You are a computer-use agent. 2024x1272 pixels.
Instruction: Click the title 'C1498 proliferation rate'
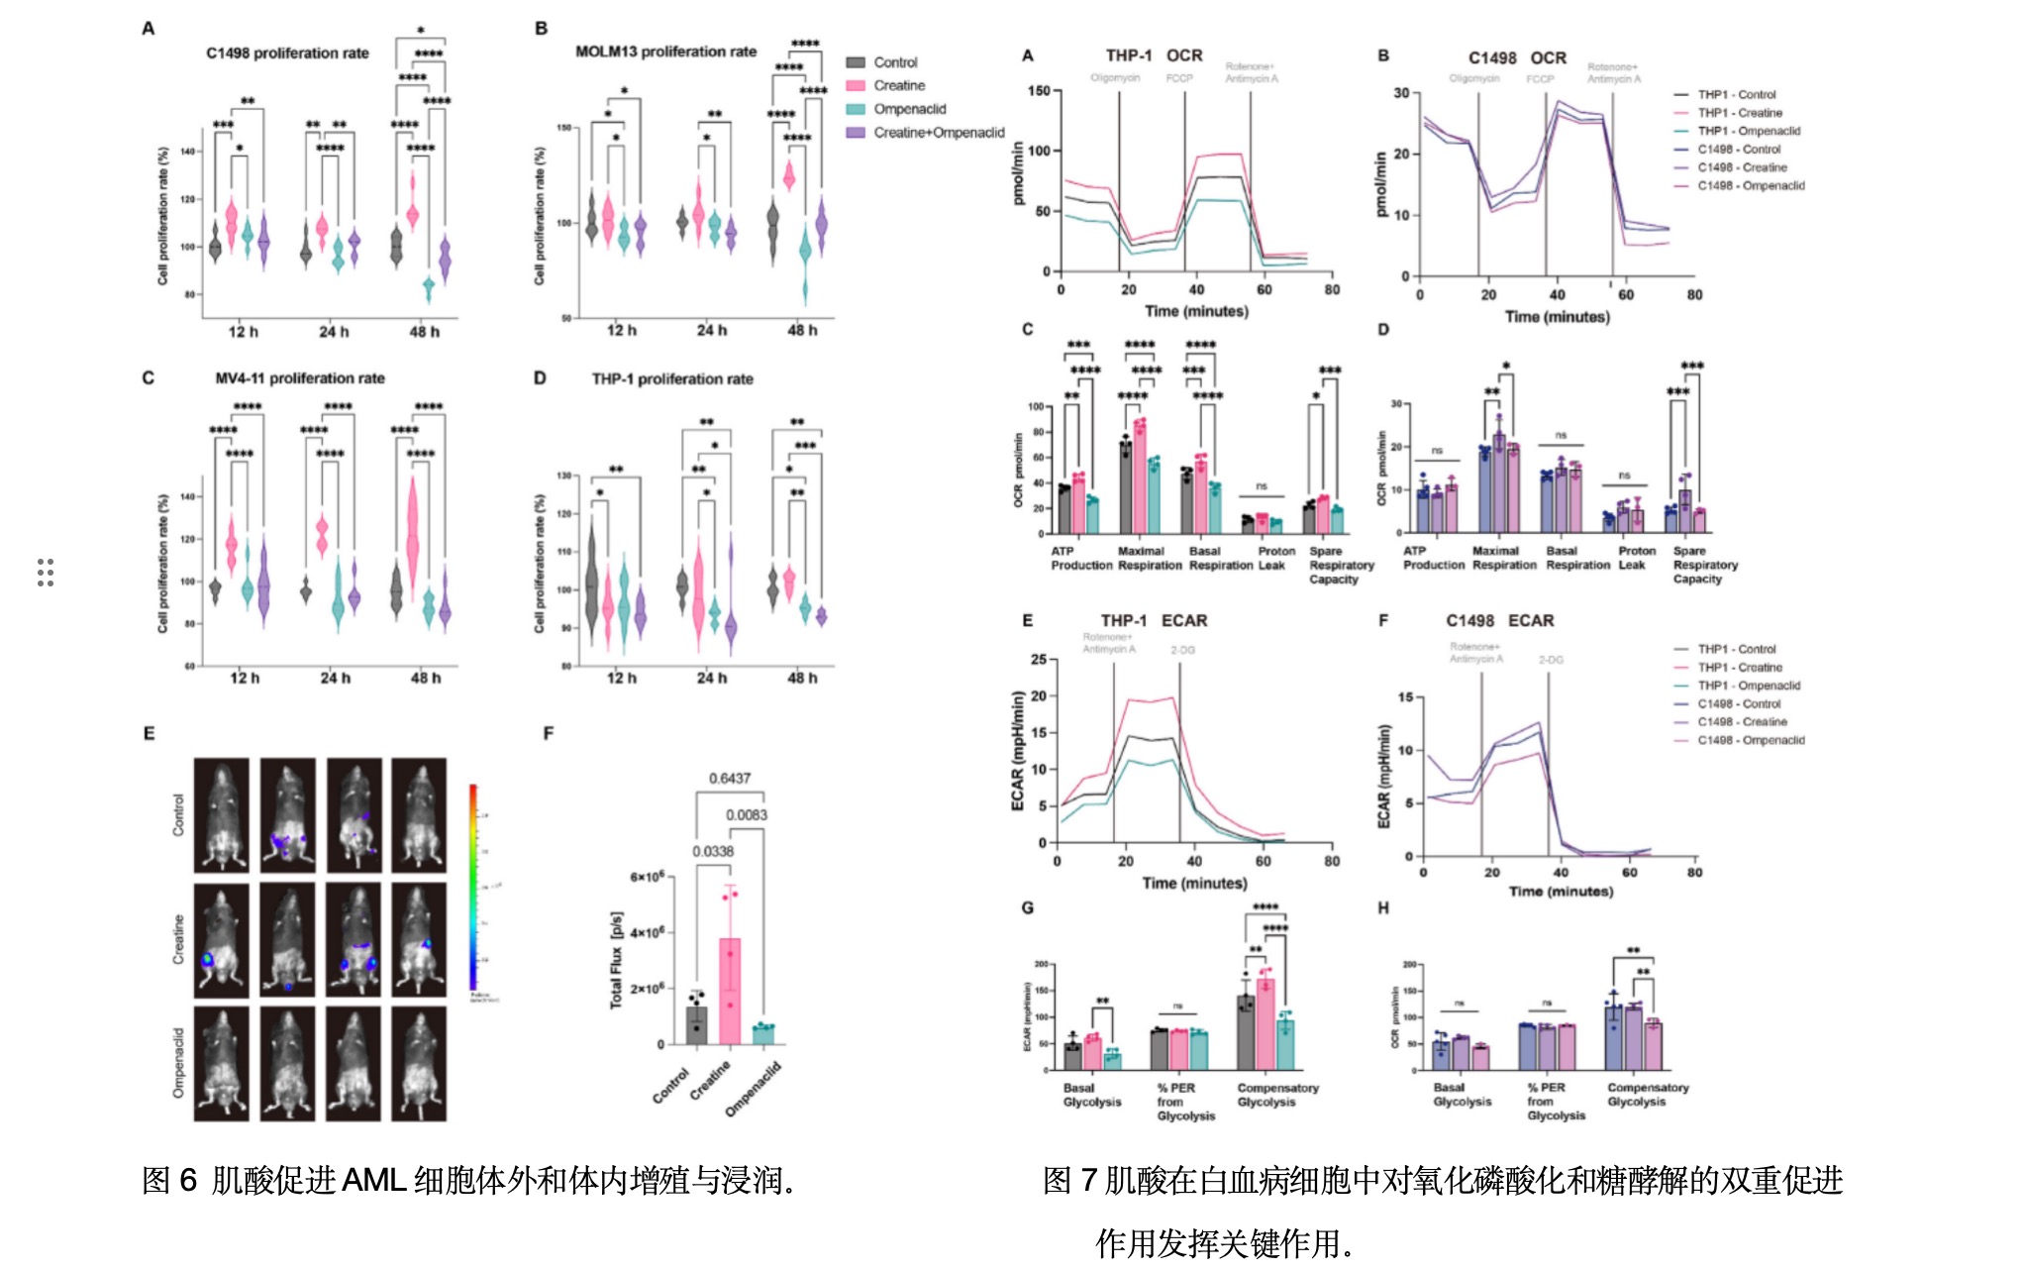(287, 53)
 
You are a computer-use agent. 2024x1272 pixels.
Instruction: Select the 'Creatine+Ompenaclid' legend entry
(938, 133)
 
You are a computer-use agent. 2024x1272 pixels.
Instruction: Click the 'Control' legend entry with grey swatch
(894, 62)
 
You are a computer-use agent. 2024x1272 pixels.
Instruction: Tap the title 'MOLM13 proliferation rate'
(665, 52)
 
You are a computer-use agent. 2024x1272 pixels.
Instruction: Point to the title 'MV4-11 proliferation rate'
(299, 378)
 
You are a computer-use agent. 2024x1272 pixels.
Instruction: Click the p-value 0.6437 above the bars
(729, 779)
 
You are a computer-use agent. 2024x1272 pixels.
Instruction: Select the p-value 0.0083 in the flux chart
(746, 815)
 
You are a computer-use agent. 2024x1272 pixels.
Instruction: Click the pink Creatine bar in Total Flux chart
(730, 991)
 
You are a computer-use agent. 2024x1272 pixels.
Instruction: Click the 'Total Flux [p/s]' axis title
(617, 959)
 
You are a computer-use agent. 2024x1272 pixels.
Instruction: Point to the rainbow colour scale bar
(473, 887)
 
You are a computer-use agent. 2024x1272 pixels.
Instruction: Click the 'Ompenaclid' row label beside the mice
(179, 1062)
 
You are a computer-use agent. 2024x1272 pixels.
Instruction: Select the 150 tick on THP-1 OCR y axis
(1039, 91)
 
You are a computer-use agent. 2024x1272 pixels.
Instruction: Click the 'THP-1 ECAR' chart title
(1154, 621)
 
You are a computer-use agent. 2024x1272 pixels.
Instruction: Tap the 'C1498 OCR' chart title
(1517, 58)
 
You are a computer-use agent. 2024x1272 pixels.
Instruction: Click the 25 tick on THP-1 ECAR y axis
(1039, 660)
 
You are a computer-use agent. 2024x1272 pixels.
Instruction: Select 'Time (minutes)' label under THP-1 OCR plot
(1196, 311)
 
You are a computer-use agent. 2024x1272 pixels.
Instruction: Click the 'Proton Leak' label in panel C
(1275, 558)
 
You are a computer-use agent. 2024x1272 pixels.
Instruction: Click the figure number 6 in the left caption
(188, 1181)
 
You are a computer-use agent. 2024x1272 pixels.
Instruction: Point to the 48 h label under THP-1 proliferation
(802, 678)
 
